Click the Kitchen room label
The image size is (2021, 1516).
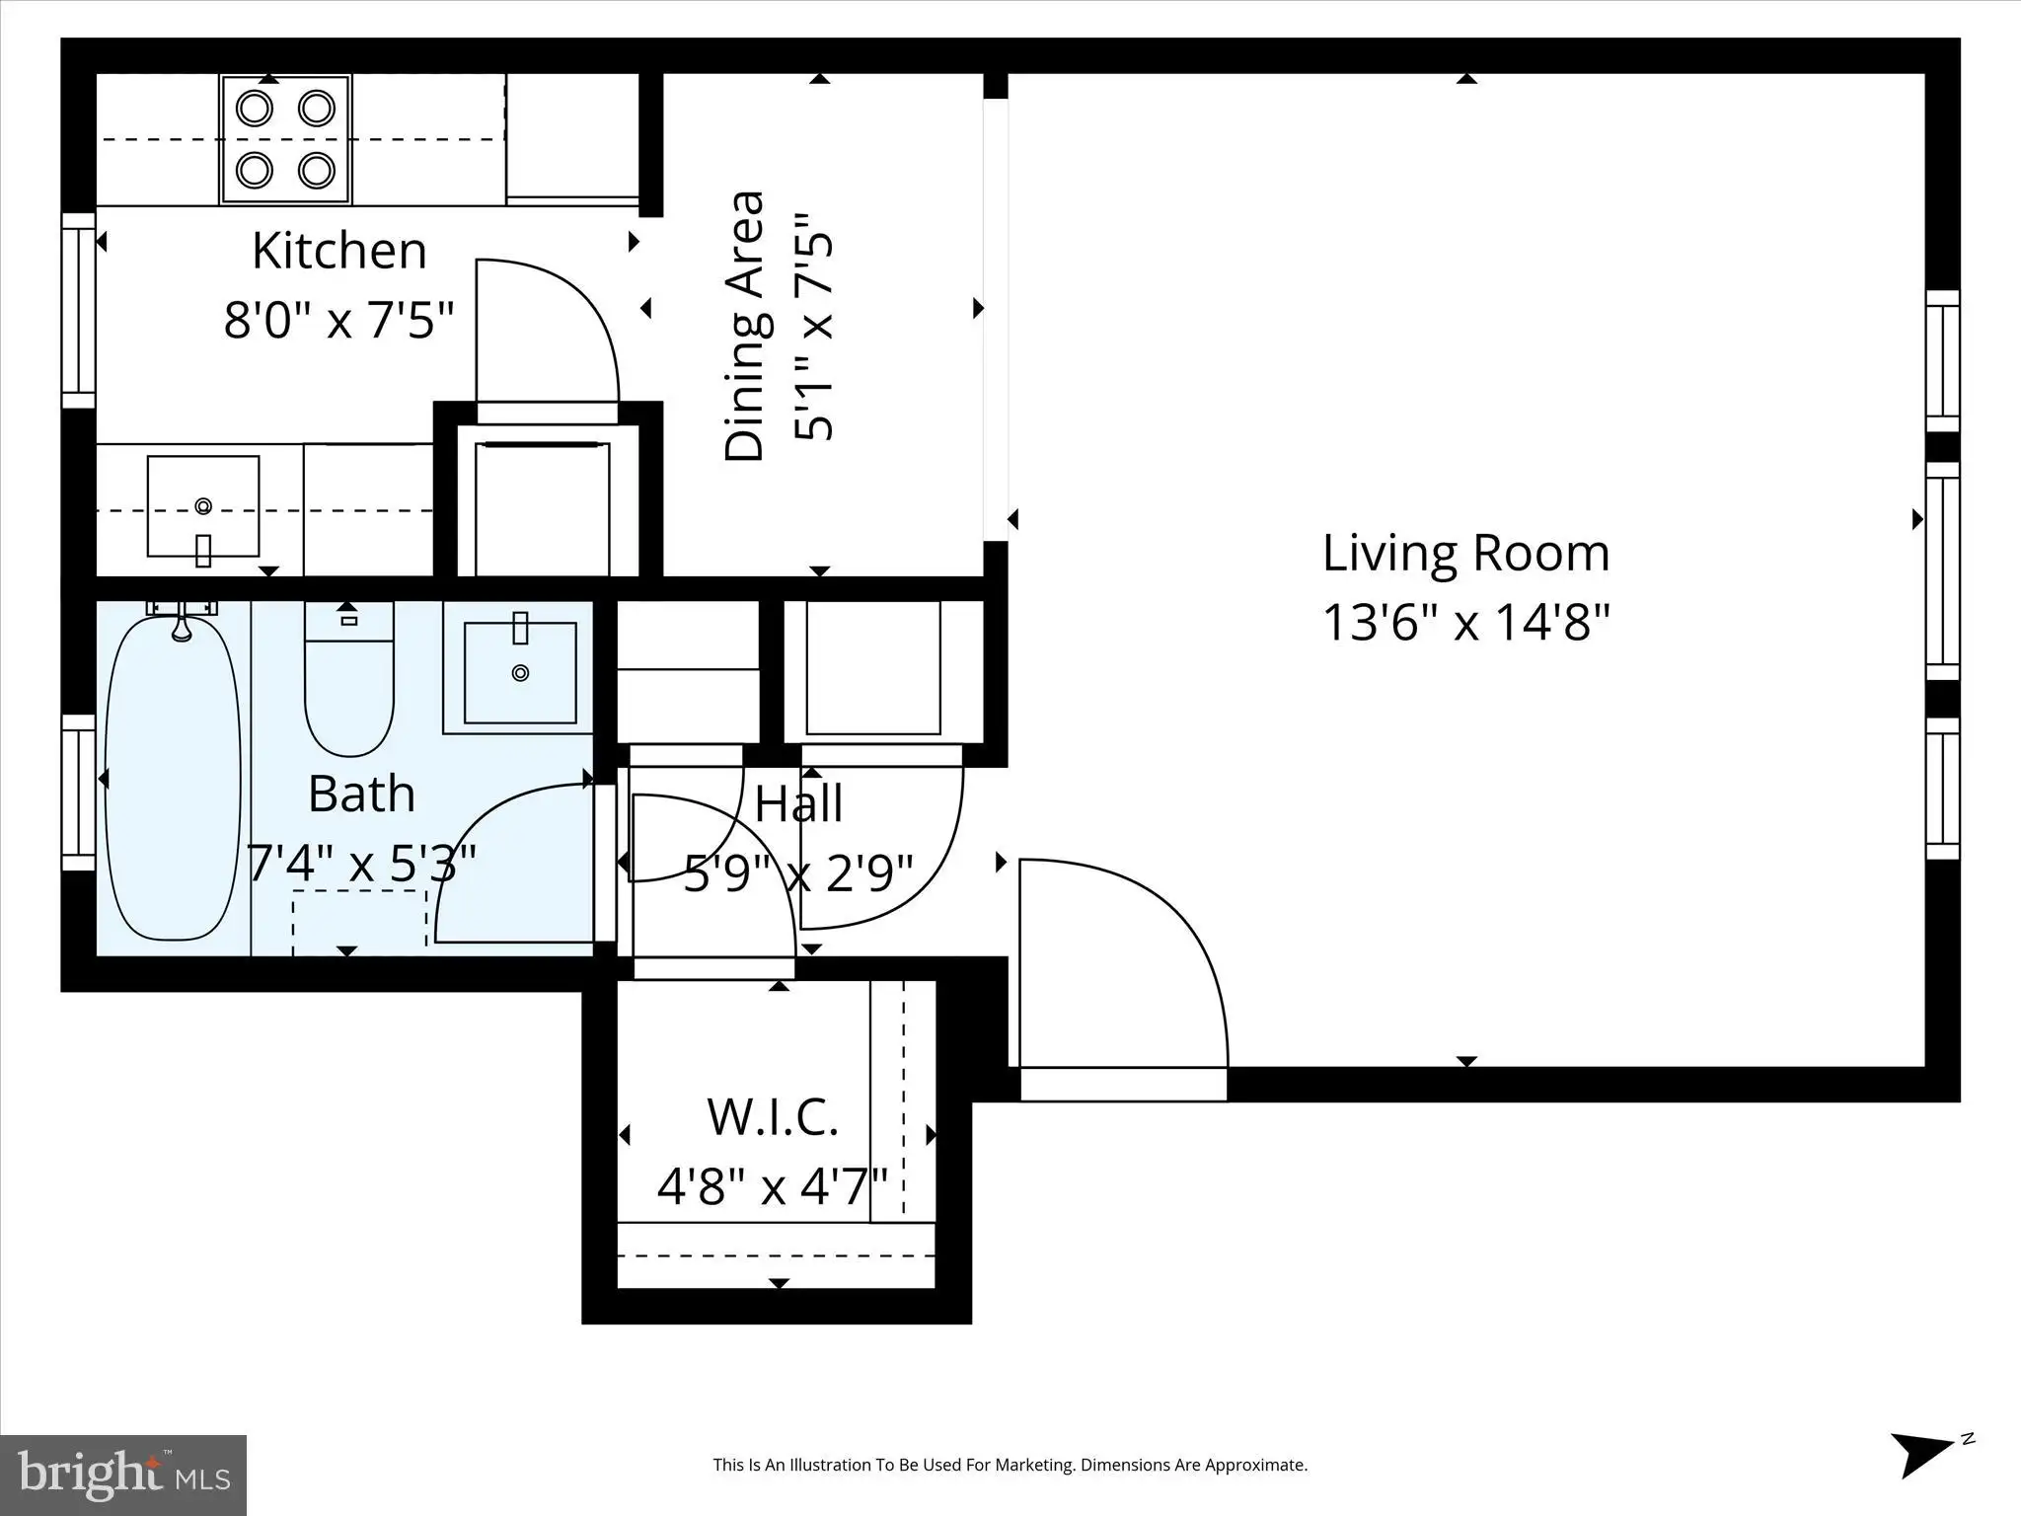click(x=339, y=251)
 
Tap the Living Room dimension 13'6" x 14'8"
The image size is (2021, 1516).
click(x=1465, y=623)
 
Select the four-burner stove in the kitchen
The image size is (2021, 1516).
click(x=286, y=139)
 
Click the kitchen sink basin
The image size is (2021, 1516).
click(x=203, y=506)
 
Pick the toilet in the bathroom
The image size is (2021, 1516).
click(x=348, y=679)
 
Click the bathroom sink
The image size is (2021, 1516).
click(x=520, y=672)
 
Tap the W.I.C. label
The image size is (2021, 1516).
click(x=773, y=1116)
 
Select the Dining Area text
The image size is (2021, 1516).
click(x=744, y=326)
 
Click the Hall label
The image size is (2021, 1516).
click(x=798, y=803)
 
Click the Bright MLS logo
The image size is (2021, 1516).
click(x=123, y=1476)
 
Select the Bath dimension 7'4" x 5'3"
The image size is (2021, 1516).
click(x=361, y=864)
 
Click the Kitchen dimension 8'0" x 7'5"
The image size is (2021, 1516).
click(x=339, y=320)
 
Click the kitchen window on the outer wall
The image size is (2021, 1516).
click(x=79, y=310)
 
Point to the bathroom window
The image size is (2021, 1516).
click(x=79, y=793)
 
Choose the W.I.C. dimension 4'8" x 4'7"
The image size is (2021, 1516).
click(x=773, y=1185)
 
